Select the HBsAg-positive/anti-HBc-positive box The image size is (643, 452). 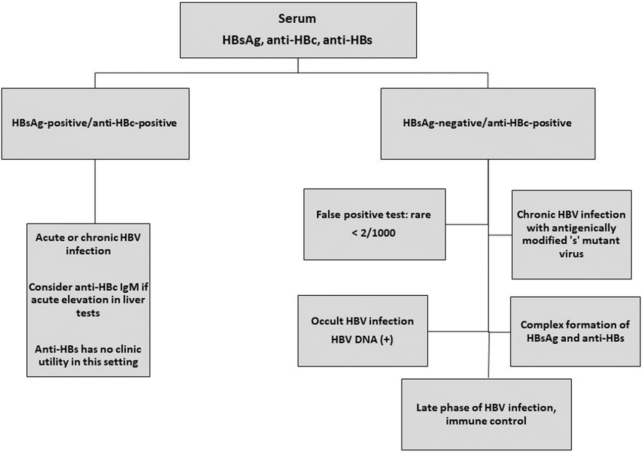click(96, 124)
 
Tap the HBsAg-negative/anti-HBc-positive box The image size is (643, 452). click(487, 124)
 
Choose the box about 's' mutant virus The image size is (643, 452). click(571, 234)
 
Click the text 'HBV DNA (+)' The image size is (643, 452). click(362, 338)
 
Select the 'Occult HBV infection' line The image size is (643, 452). click(362, 321)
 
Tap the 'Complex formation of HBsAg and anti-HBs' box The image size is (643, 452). click(575, 331)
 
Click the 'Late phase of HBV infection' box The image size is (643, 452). click(486, 413)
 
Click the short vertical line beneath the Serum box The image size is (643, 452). click(298, 66)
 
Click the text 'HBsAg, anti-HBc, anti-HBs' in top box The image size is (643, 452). click(297, 42)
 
